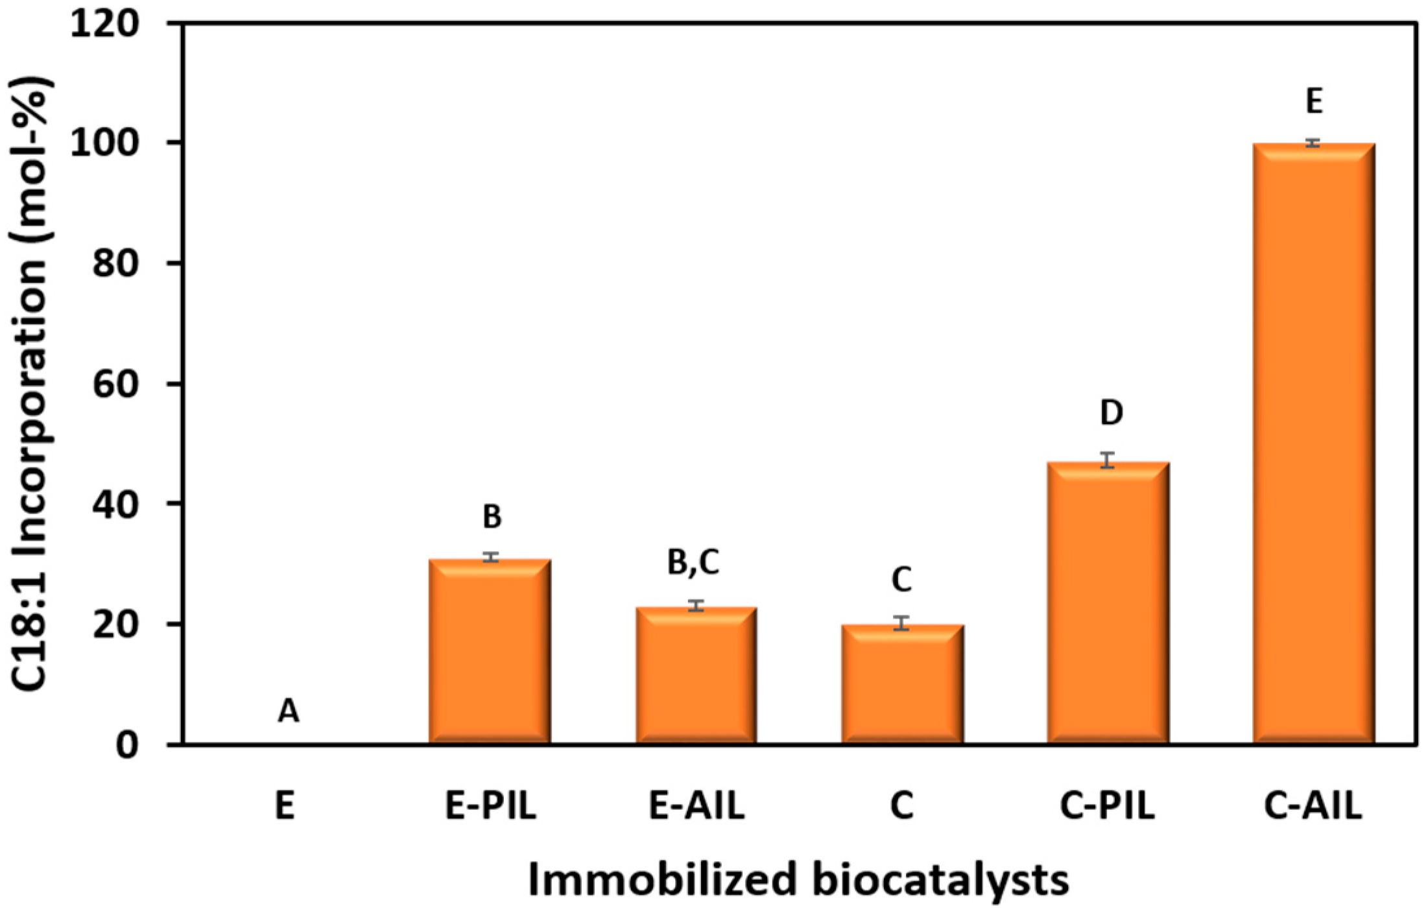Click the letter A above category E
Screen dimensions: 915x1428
pos(289,711)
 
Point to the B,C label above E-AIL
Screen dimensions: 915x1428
pos(693,562)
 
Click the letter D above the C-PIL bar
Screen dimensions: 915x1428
pos(1112,413)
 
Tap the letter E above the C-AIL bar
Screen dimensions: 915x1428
pos(1314,102)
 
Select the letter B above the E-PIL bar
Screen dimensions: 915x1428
pos(492,517)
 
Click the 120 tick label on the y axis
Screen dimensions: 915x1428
pos(105,25)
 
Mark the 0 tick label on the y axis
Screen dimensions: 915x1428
pos(127,745)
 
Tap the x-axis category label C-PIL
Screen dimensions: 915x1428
pos(1107,806)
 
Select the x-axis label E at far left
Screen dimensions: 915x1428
pos(285,806)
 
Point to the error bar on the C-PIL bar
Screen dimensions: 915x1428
pos(1108,460)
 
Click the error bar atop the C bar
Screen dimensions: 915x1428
pos(901,623)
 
